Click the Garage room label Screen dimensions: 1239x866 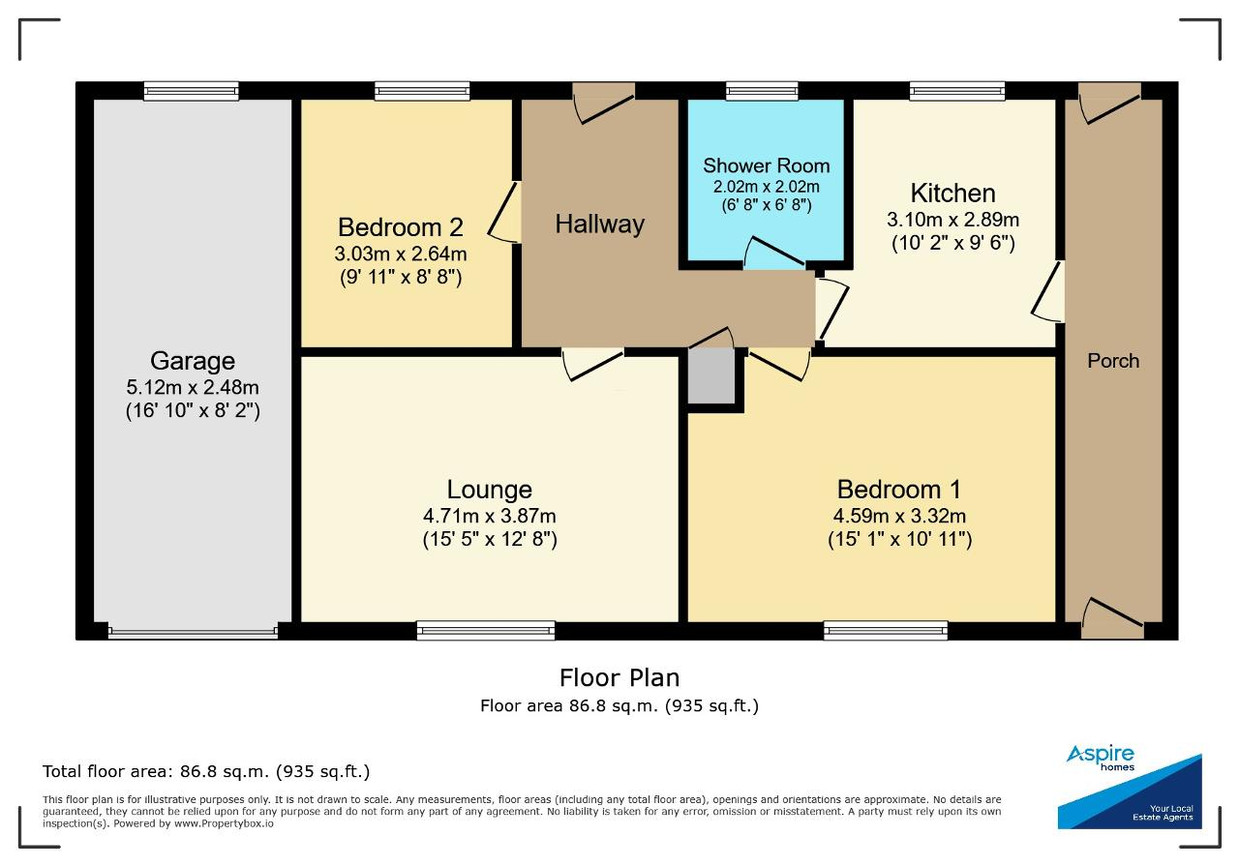(x=193, y=361)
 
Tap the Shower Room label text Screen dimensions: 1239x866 (x=766, y=165)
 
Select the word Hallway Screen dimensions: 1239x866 (x=599, y=224)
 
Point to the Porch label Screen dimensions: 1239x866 (x=1113, y=361)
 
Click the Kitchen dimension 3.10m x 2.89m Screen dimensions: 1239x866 (x=952, y=220)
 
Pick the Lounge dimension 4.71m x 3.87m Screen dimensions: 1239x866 (x=489, y=516)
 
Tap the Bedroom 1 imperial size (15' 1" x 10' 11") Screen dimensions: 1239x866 (x=899, y=539)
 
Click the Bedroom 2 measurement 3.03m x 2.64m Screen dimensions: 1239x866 (x=400, y=254)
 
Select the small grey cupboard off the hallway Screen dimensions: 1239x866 (x=711, y=376)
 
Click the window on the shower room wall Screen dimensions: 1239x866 (x=762, y=91)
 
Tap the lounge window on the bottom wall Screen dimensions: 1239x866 (x=486, y=631)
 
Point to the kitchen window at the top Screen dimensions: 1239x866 (x=957, y=91)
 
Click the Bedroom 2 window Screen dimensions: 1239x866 (x=422, y=91)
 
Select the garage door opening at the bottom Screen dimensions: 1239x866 (x=193, y=632)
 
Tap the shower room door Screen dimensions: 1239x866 (x=774, y=254)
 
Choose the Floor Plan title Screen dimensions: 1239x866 (x=619, y=678)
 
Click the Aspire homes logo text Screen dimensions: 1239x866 (x=1101, y=758)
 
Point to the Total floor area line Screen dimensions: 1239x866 (x=206, y=771)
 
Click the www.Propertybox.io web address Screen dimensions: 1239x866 (x=224, y=823)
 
